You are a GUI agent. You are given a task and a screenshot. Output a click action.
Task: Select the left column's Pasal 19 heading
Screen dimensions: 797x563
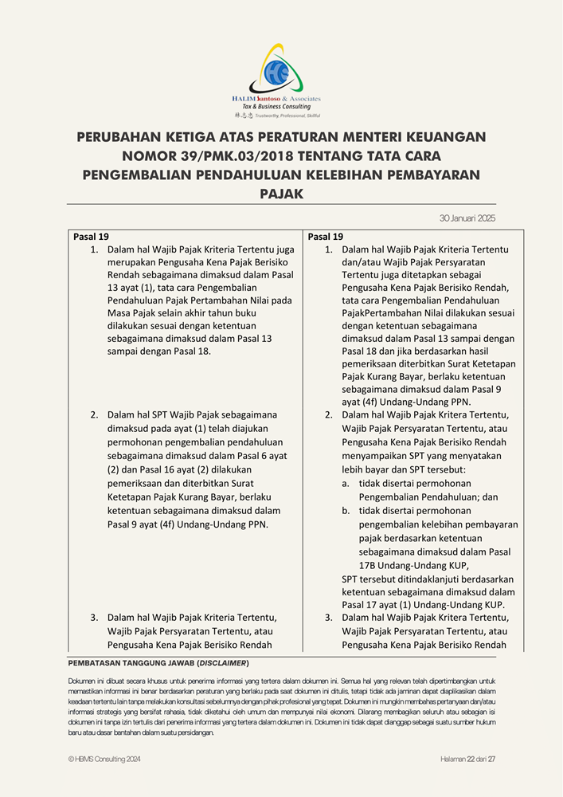coord(91,237)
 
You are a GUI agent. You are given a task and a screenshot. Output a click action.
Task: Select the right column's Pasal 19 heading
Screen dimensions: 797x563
coord(326,237)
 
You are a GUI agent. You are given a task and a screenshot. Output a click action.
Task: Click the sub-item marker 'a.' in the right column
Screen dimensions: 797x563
coord(346,483)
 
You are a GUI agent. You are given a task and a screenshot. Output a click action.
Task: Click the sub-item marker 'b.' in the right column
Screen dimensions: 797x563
coord(346,511)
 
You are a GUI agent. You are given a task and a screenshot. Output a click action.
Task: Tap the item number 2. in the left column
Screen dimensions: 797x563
coord(93,414)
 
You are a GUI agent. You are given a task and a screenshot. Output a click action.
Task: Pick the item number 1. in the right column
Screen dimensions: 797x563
coord(328,249)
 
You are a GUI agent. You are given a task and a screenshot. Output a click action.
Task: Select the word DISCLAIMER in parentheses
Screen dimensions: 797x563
coord(224,663)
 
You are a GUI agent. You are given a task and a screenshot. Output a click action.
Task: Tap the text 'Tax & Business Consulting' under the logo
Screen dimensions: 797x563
coord(276,107)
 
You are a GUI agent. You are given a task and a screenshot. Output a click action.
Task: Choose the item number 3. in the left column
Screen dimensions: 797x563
coord(93,618)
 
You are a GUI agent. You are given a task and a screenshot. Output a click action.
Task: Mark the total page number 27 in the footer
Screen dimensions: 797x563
coord(491,760)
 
